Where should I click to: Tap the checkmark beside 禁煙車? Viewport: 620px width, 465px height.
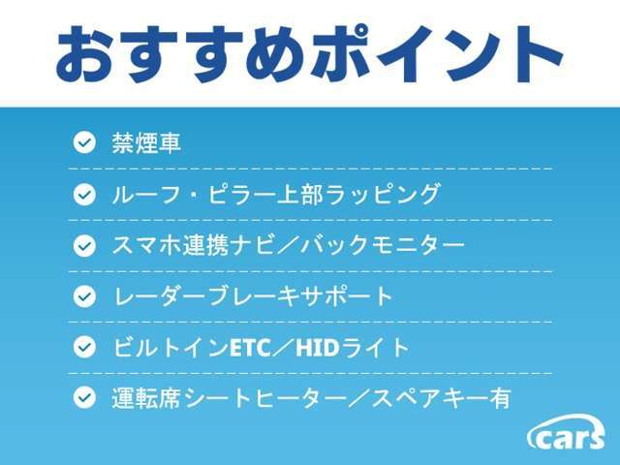coord(85,143)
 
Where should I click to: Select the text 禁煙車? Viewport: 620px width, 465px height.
coord(146,143)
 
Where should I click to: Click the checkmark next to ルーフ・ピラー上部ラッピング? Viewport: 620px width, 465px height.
coord(85,194)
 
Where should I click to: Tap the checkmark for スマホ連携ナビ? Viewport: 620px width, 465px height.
coord(85,245)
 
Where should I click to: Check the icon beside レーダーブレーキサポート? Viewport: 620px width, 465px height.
coord(85,295)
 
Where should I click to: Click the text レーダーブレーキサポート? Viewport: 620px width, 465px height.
coord(253,295)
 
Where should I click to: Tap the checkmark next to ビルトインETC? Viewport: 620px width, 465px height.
coord(85,346)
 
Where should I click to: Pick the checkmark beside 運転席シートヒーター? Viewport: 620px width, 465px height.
coord(85,396)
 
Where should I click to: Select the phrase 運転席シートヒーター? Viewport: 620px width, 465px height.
coord(228,396)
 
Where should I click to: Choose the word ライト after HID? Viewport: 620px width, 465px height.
coord(382,346)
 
